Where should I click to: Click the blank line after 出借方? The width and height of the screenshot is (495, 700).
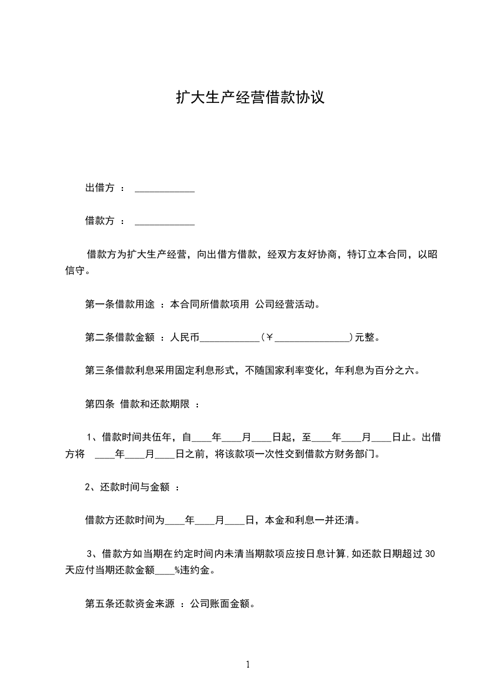point(165,189)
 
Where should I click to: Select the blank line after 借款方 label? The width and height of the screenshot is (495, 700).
point(165,221)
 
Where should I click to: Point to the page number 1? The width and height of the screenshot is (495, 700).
point(248,664)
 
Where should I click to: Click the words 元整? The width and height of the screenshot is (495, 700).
point(366,338)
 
